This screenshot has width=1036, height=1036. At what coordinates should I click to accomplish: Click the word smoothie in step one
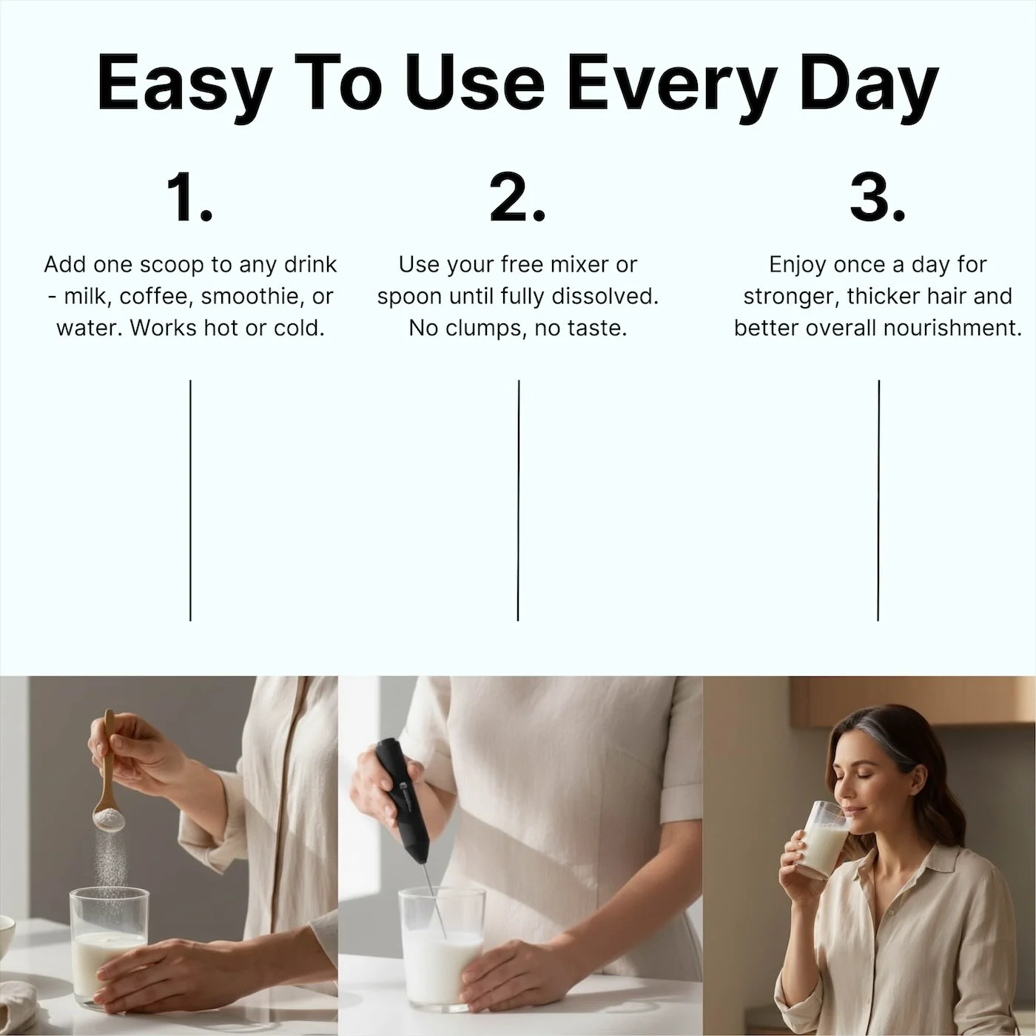(252, 296)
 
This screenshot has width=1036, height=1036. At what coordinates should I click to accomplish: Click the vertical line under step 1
(190, 500)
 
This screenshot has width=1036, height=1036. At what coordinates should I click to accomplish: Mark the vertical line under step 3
(878, 500)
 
